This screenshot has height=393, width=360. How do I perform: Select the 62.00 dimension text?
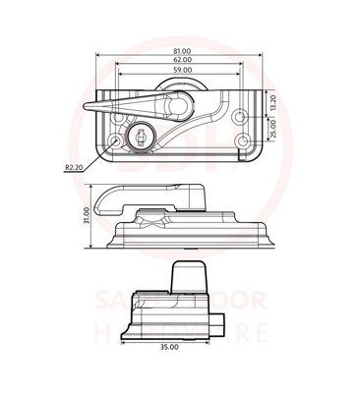[180, 62]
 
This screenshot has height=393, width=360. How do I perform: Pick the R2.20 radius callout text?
[73, 168]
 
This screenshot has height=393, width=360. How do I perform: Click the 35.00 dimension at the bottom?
[168, 347]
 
